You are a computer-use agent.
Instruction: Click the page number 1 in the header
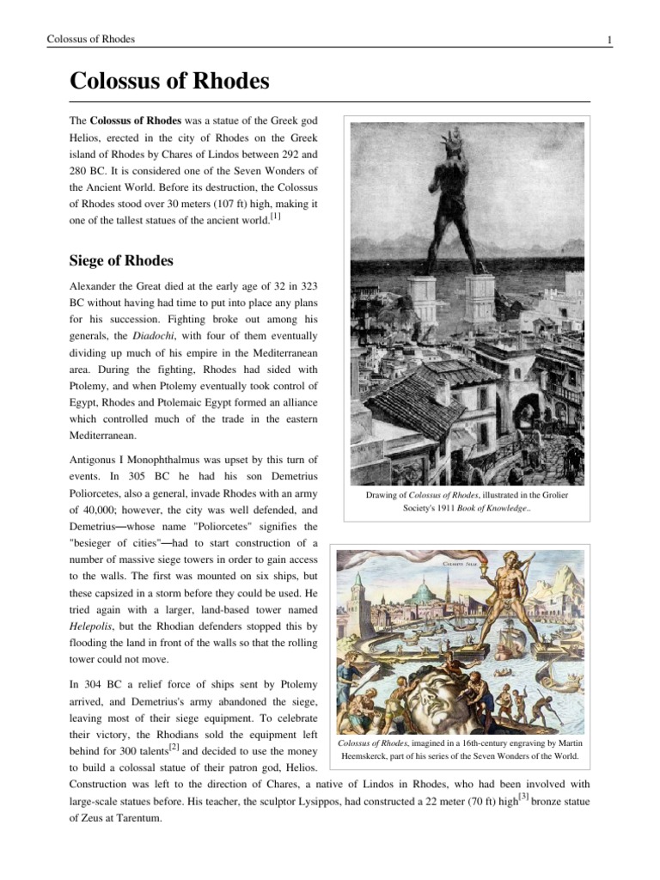pos(608,40)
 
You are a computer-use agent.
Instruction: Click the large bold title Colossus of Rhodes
pos(169,82)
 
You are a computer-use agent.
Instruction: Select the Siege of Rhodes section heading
pos(121,260)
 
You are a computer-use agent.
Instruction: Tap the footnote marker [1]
pos(275,217)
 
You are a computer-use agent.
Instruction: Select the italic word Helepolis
pos(93,629)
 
